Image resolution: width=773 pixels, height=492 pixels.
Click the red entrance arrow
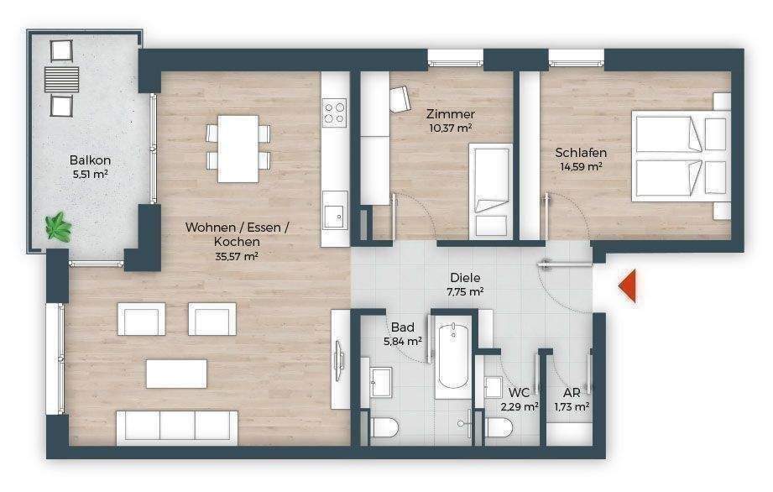628,286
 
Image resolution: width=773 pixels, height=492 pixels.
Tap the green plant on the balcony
58,224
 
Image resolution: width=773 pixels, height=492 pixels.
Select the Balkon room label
90,160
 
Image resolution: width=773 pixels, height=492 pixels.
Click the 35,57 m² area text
237,256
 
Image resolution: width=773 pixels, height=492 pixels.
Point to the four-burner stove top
335,112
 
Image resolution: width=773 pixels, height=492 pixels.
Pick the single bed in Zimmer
489,189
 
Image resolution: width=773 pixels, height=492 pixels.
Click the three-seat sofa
178,426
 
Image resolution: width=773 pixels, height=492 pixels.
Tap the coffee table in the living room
176,374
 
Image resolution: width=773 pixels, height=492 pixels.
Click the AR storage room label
571,391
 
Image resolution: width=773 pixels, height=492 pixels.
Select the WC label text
520,391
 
